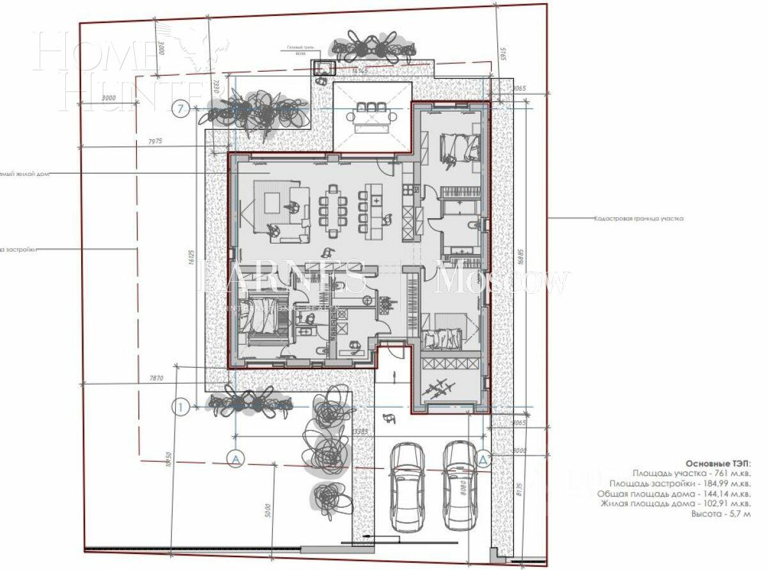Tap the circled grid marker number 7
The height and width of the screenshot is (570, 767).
pyautogui.click(x=182, y=109)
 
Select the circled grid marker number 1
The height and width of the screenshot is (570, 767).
pyautogui.click(x=182, y=406)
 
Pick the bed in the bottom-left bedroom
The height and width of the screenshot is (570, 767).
pyautogui.click(x=259, y=317)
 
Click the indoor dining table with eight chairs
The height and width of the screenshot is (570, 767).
pyautogui.click(x=332, y=207)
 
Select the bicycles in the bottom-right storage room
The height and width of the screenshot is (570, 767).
pyautogui.click(x=438, y=388)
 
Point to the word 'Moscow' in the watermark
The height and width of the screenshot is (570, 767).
pyautogui.click(x=502, y=280)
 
